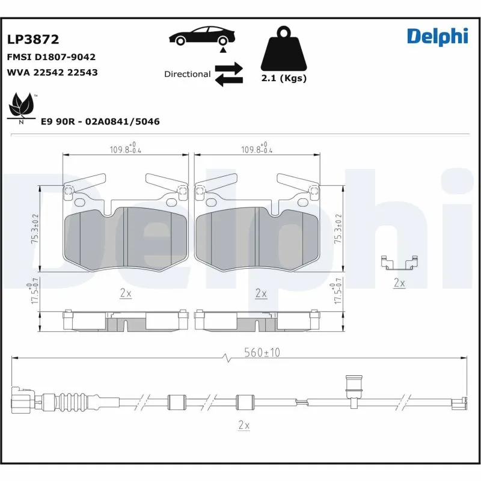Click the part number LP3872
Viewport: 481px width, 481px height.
(33, 40)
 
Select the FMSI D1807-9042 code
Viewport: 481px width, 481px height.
(51, 57)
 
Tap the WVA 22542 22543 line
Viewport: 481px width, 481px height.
(52, 72)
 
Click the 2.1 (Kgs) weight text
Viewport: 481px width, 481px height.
(284, 79)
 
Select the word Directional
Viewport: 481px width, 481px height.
(187, 74)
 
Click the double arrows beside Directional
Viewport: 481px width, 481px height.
(228, 74)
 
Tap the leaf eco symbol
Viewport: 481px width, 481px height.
(22, 106)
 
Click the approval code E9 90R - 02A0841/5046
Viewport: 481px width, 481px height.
(100, 121)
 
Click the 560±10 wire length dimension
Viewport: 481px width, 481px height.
(263, 353)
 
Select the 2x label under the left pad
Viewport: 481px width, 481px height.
(126, 293)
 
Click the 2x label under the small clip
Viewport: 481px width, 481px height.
(399, 282)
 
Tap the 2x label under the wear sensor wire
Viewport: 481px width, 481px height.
(243, 425)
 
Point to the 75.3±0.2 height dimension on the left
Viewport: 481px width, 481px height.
(35, 229)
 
